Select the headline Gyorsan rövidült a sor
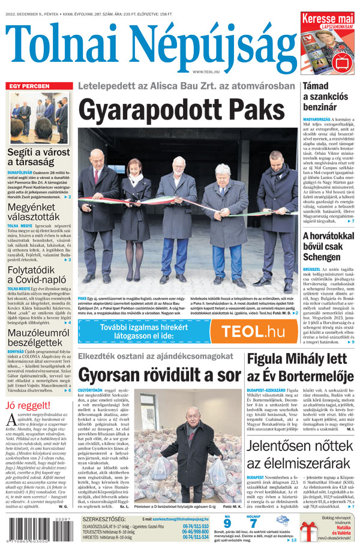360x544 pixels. click(x=158, y=375)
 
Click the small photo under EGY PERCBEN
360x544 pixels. click(x=39, y=118)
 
